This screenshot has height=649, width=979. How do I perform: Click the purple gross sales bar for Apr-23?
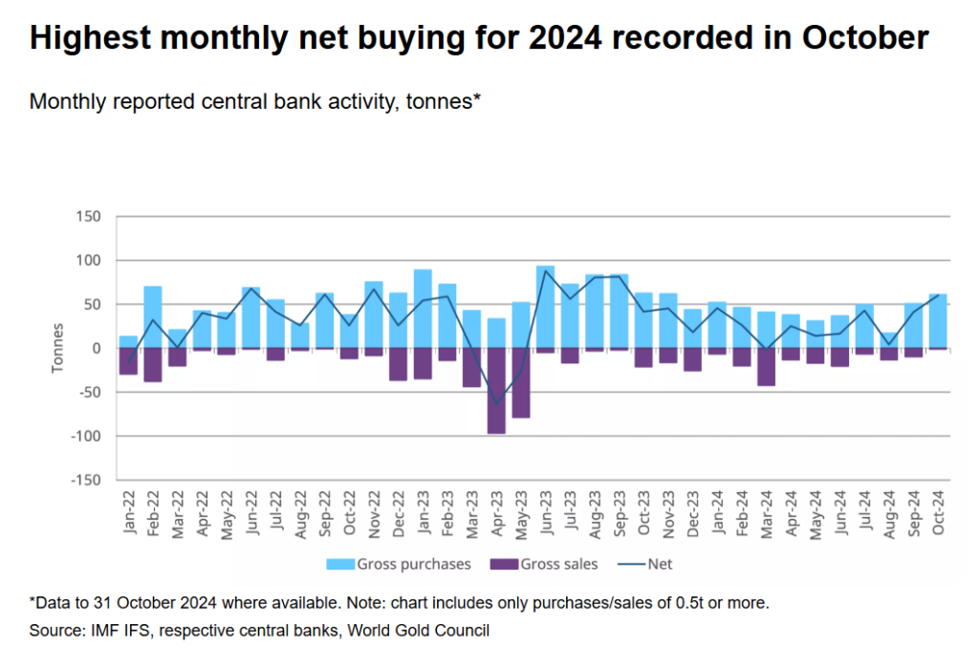tap(496, 391)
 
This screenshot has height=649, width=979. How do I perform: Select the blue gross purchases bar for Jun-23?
tap(546, 307)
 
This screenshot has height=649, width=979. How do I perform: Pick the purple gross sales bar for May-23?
tap(521, 383)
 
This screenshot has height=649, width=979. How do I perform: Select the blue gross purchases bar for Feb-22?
tap(153, 317)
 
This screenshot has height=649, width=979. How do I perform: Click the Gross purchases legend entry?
tap(401, 564)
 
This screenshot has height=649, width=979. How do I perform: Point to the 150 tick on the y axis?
tap(88, 217)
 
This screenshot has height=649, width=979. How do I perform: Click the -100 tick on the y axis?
tap(84, 437)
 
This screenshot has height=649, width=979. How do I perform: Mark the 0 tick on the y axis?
tap(97, 349)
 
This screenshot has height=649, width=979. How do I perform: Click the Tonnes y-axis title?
tap(58, 349)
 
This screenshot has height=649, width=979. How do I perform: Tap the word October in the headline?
tap(865, 38)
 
